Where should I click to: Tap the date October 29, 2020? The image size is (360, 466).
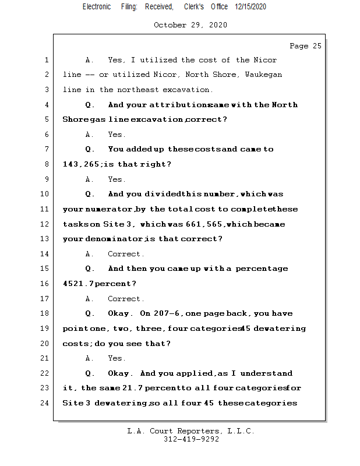(190, 25)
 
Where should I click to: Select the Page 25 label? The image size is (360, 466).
(305, 46)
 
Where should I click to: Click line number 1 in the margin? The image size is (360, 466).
(45, 60)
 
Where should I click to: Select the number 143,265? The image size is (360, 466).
(80, 165)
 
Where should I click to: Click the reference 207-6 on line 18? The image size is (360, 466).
(168, 313)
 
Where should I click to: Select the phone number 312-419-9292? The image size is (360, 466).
(191, 440)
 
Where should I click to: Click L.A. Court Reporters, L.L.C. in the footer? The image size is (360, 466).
(191, 431)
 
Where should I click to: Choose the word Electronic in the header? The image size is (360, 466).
(97, 7)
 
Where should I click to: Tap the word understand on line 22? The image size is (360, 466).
(266, 373)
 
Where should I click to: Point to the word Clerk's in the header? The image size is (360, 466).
(194, 7)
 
